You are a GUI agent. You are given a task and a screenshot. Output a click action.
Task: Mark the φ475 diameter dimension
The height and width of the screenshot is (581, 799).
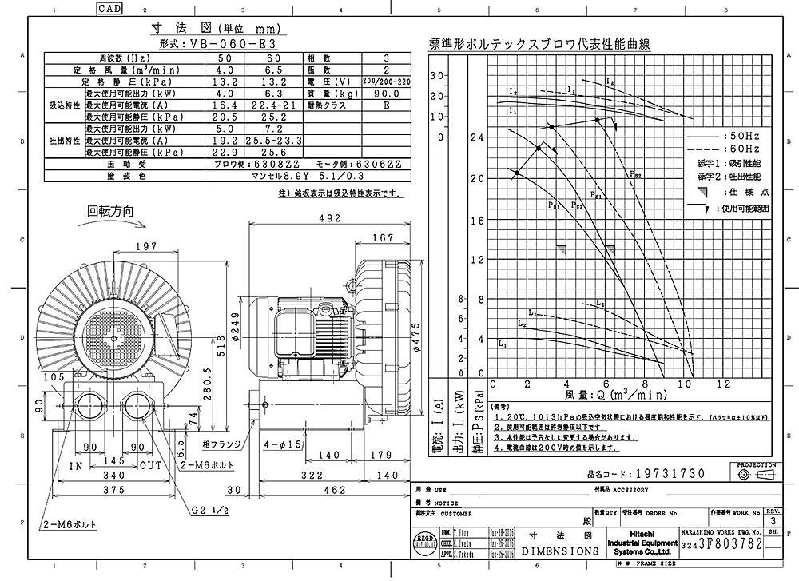[415, 340]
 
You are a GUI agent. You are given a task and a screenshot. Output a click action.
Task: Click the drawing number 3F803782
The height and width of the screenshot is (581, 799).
[729, 543]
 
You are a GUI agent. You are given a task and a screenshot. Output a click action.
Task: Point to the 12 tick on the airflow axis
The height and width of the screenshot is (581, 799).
[723, 384]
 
